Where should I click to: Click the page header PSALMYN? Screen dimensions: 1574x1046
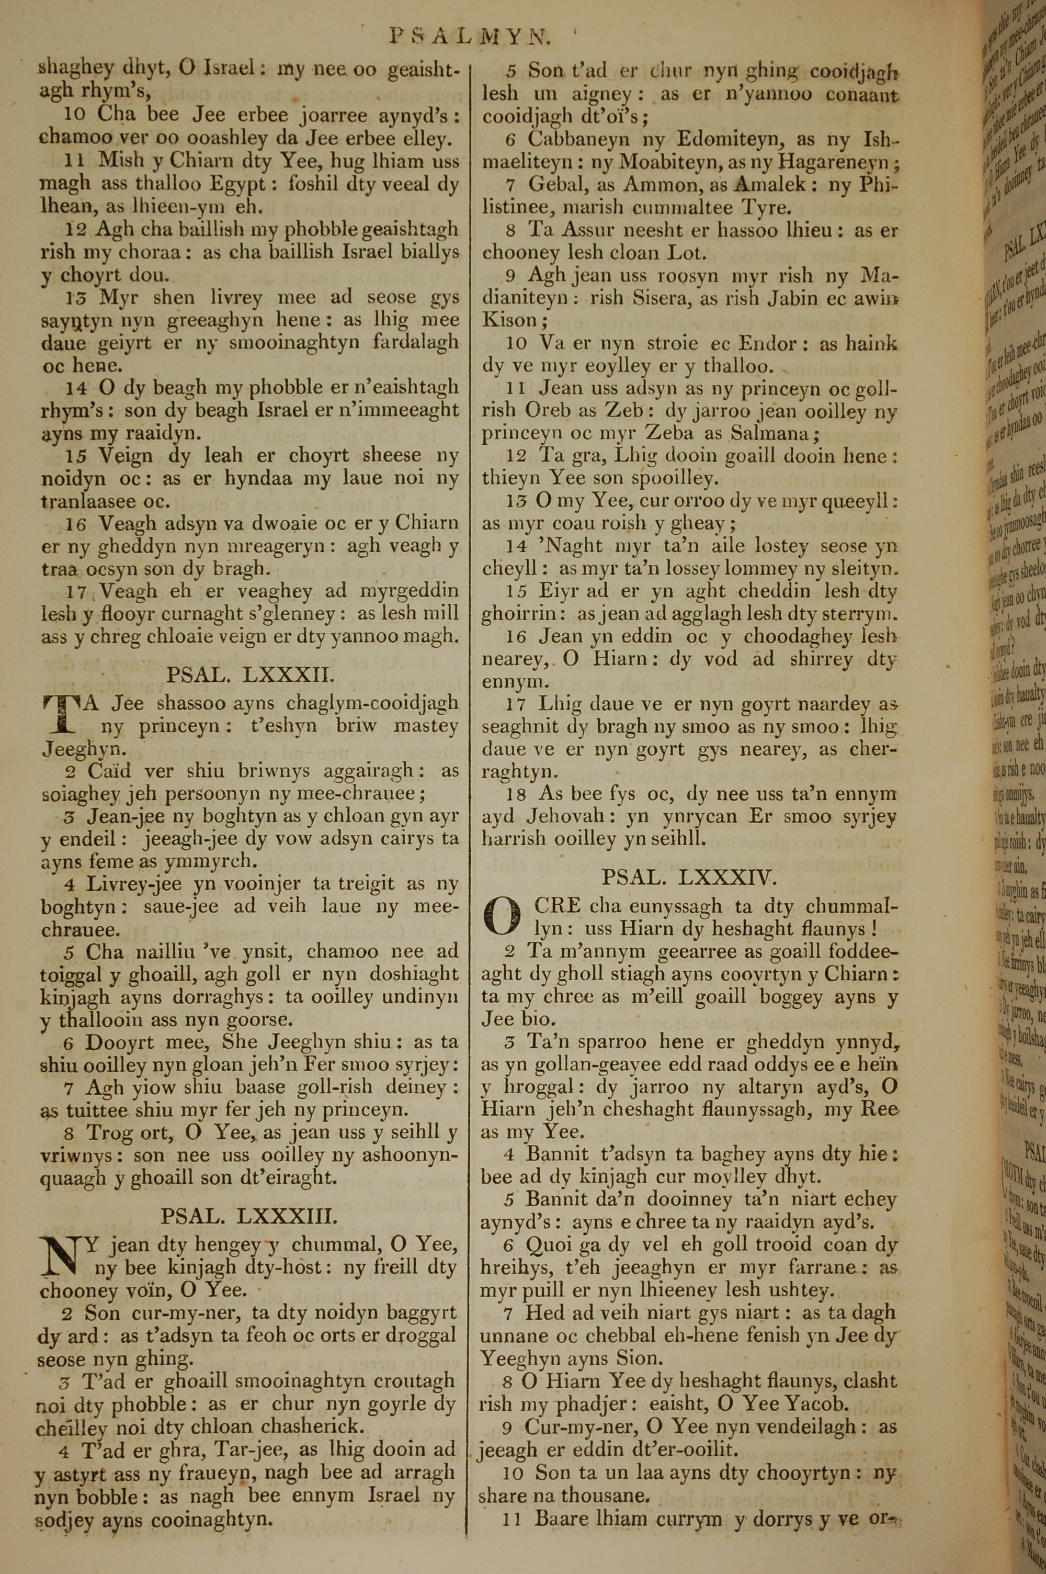(470, 37)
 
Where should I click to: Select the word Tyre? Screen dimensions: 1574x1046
(766, 208)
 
